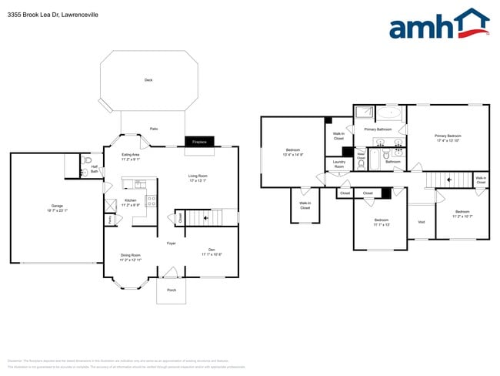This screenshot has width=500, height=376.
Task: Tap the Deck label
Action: click(148, 80)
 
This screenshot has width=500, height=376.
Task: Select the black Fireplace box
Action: click(200, 143)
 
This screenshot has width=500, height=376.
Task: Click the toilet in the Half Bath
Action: click(87, 163)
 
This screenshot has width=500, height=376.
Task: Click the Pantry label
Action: click(110, 220)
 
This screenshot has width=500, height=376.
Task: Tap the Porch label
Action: click(171, 290)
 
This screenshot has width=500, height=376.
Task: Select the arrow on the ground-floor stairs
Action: click(205, 218)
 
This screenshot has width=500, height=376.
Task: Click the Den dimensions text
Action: click(212, 253)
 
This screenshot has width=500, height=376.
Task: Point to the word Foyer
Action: click(171, 243)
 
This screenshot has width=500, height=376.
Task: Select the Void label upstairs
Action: click(421, 222)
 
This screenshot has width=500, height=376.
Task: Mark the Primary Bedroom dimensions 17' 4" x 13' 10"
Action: click(448, 140)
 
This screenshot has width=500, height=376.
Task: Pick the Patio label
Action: click(154, 129)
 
